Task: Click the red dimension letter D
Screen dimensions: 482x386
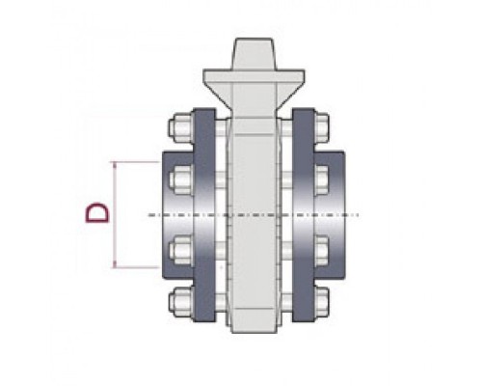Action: (96, 212)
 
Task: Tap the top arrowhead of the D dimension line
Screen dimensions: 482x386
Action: (114, 165)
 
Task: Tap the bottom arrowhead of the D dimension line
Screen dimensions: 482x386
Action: (114, 264)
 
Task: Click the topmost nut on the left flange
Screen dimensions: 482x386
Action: (180, 128)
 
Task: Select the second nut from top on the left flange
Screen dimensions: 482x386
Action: (180, 180)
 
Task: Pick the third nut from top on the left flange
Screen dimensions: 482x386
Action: (180, 250)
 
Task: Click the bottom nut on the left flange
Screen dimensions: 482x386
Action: (180, 301)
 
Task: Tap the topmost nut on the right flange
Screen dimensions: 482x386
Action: (322, 128)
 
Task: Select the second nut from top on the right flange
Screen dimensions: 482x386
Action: (322, 180)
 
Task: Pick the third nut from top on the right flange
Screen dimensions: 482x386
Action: (322, 250)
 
